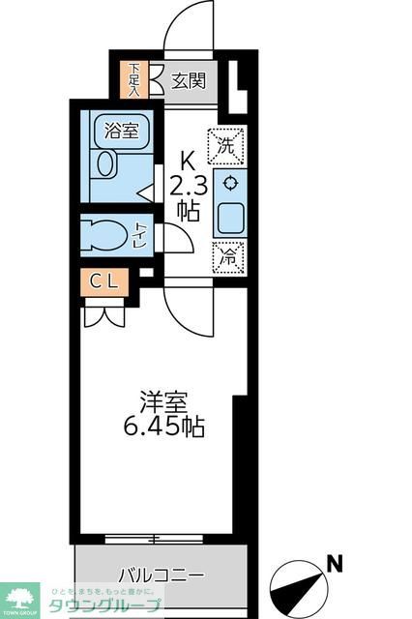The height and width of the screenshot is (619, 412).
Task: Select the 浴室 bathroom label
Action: click(x=121, y=131)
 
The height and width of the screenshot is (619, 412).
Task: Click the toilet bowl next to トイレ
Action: click(x=105, y=233)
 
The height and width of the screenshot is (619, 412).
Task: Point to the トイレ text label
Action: click(x=141, y=234)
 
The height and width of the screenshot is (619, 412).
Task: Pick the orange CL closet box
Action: click(x=103, y=281)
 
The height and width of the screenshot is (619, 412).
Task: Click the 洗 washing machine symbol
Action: click(x=226, y=146)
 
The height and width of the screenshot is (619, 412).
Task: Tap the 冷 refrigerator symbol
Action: click(x=226, y=256)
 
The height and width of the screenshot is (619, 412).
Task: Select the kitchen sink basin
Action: click(x=231, y=218)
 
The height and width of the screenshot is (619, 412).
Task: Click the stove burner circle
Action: click(x=230, y=183)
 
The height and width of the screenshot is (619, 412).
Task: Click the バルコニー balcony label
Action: click(x=162, y=575)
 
